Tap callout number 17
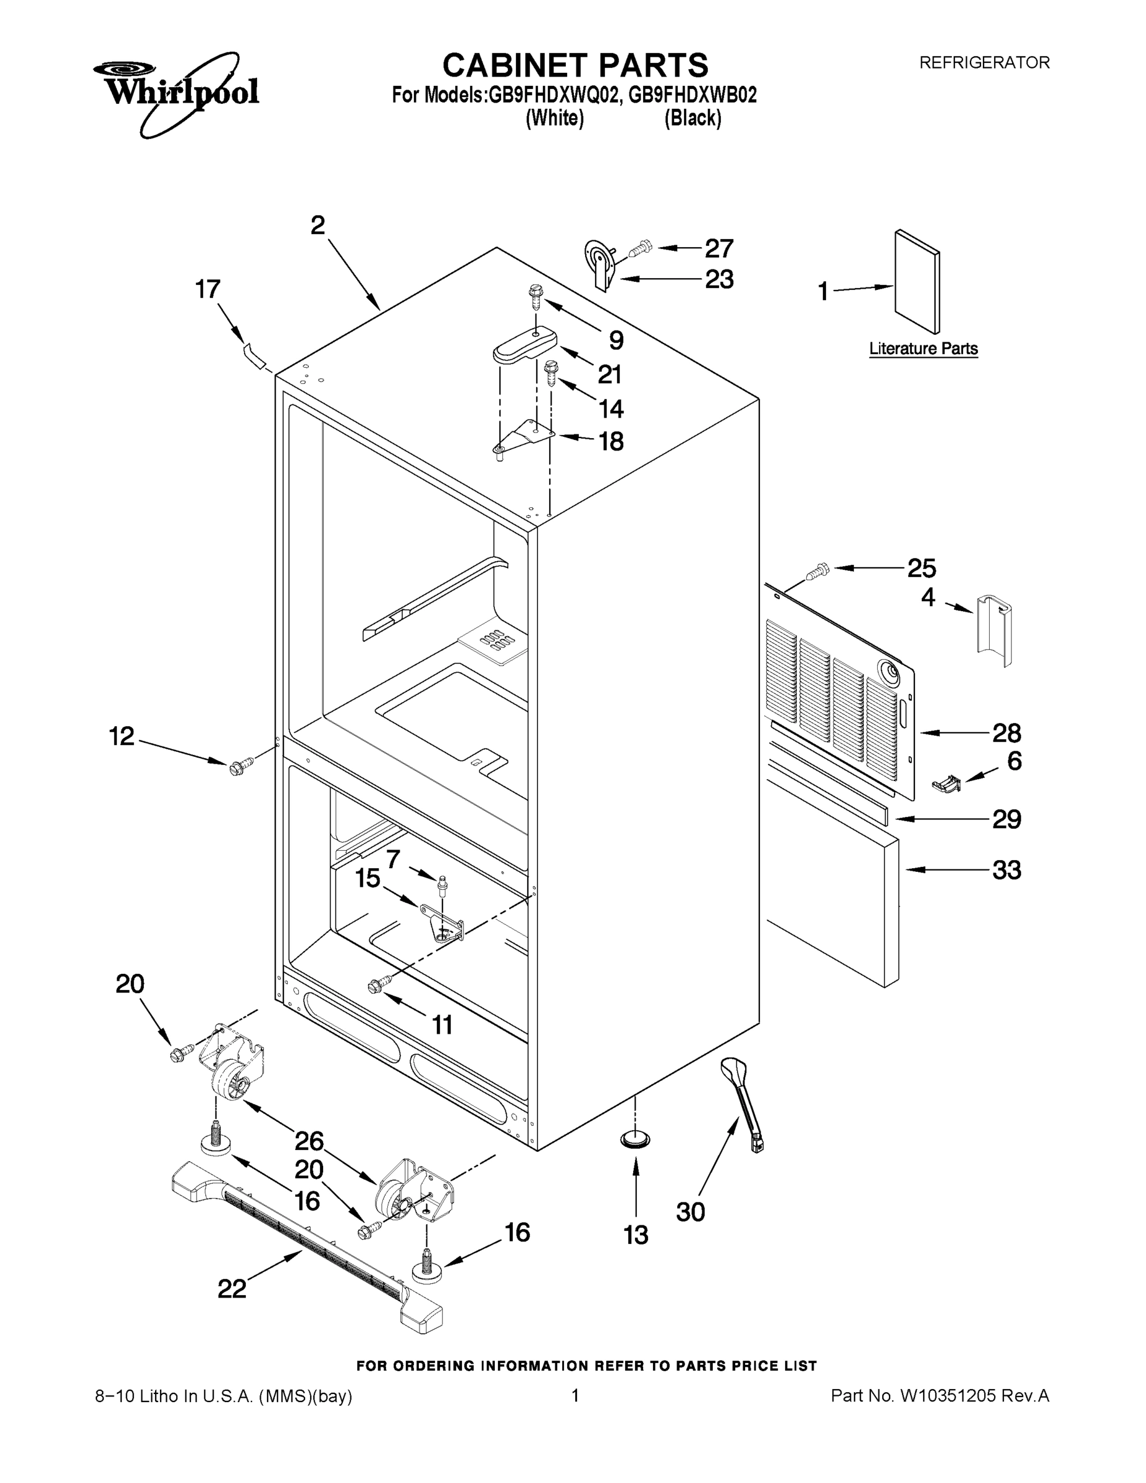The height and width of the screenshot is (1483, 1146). click(208, 289)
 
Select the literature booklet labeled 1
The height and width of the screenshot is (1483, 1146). click(917, 281)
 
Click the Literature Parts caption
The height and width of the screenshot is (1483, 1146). click(924, 349)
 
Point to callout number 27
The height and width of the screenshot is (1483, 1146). click(719, 248)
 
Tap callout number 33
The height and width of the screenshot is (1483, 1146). click(1006, 870)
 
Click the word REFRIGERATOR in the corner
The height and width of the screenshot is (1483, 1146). click(984, 62)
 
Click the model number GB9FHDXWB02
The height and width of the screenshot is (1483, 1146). click(693, 95)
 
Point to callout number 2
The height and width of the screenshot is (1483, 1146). click(318, 226)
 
